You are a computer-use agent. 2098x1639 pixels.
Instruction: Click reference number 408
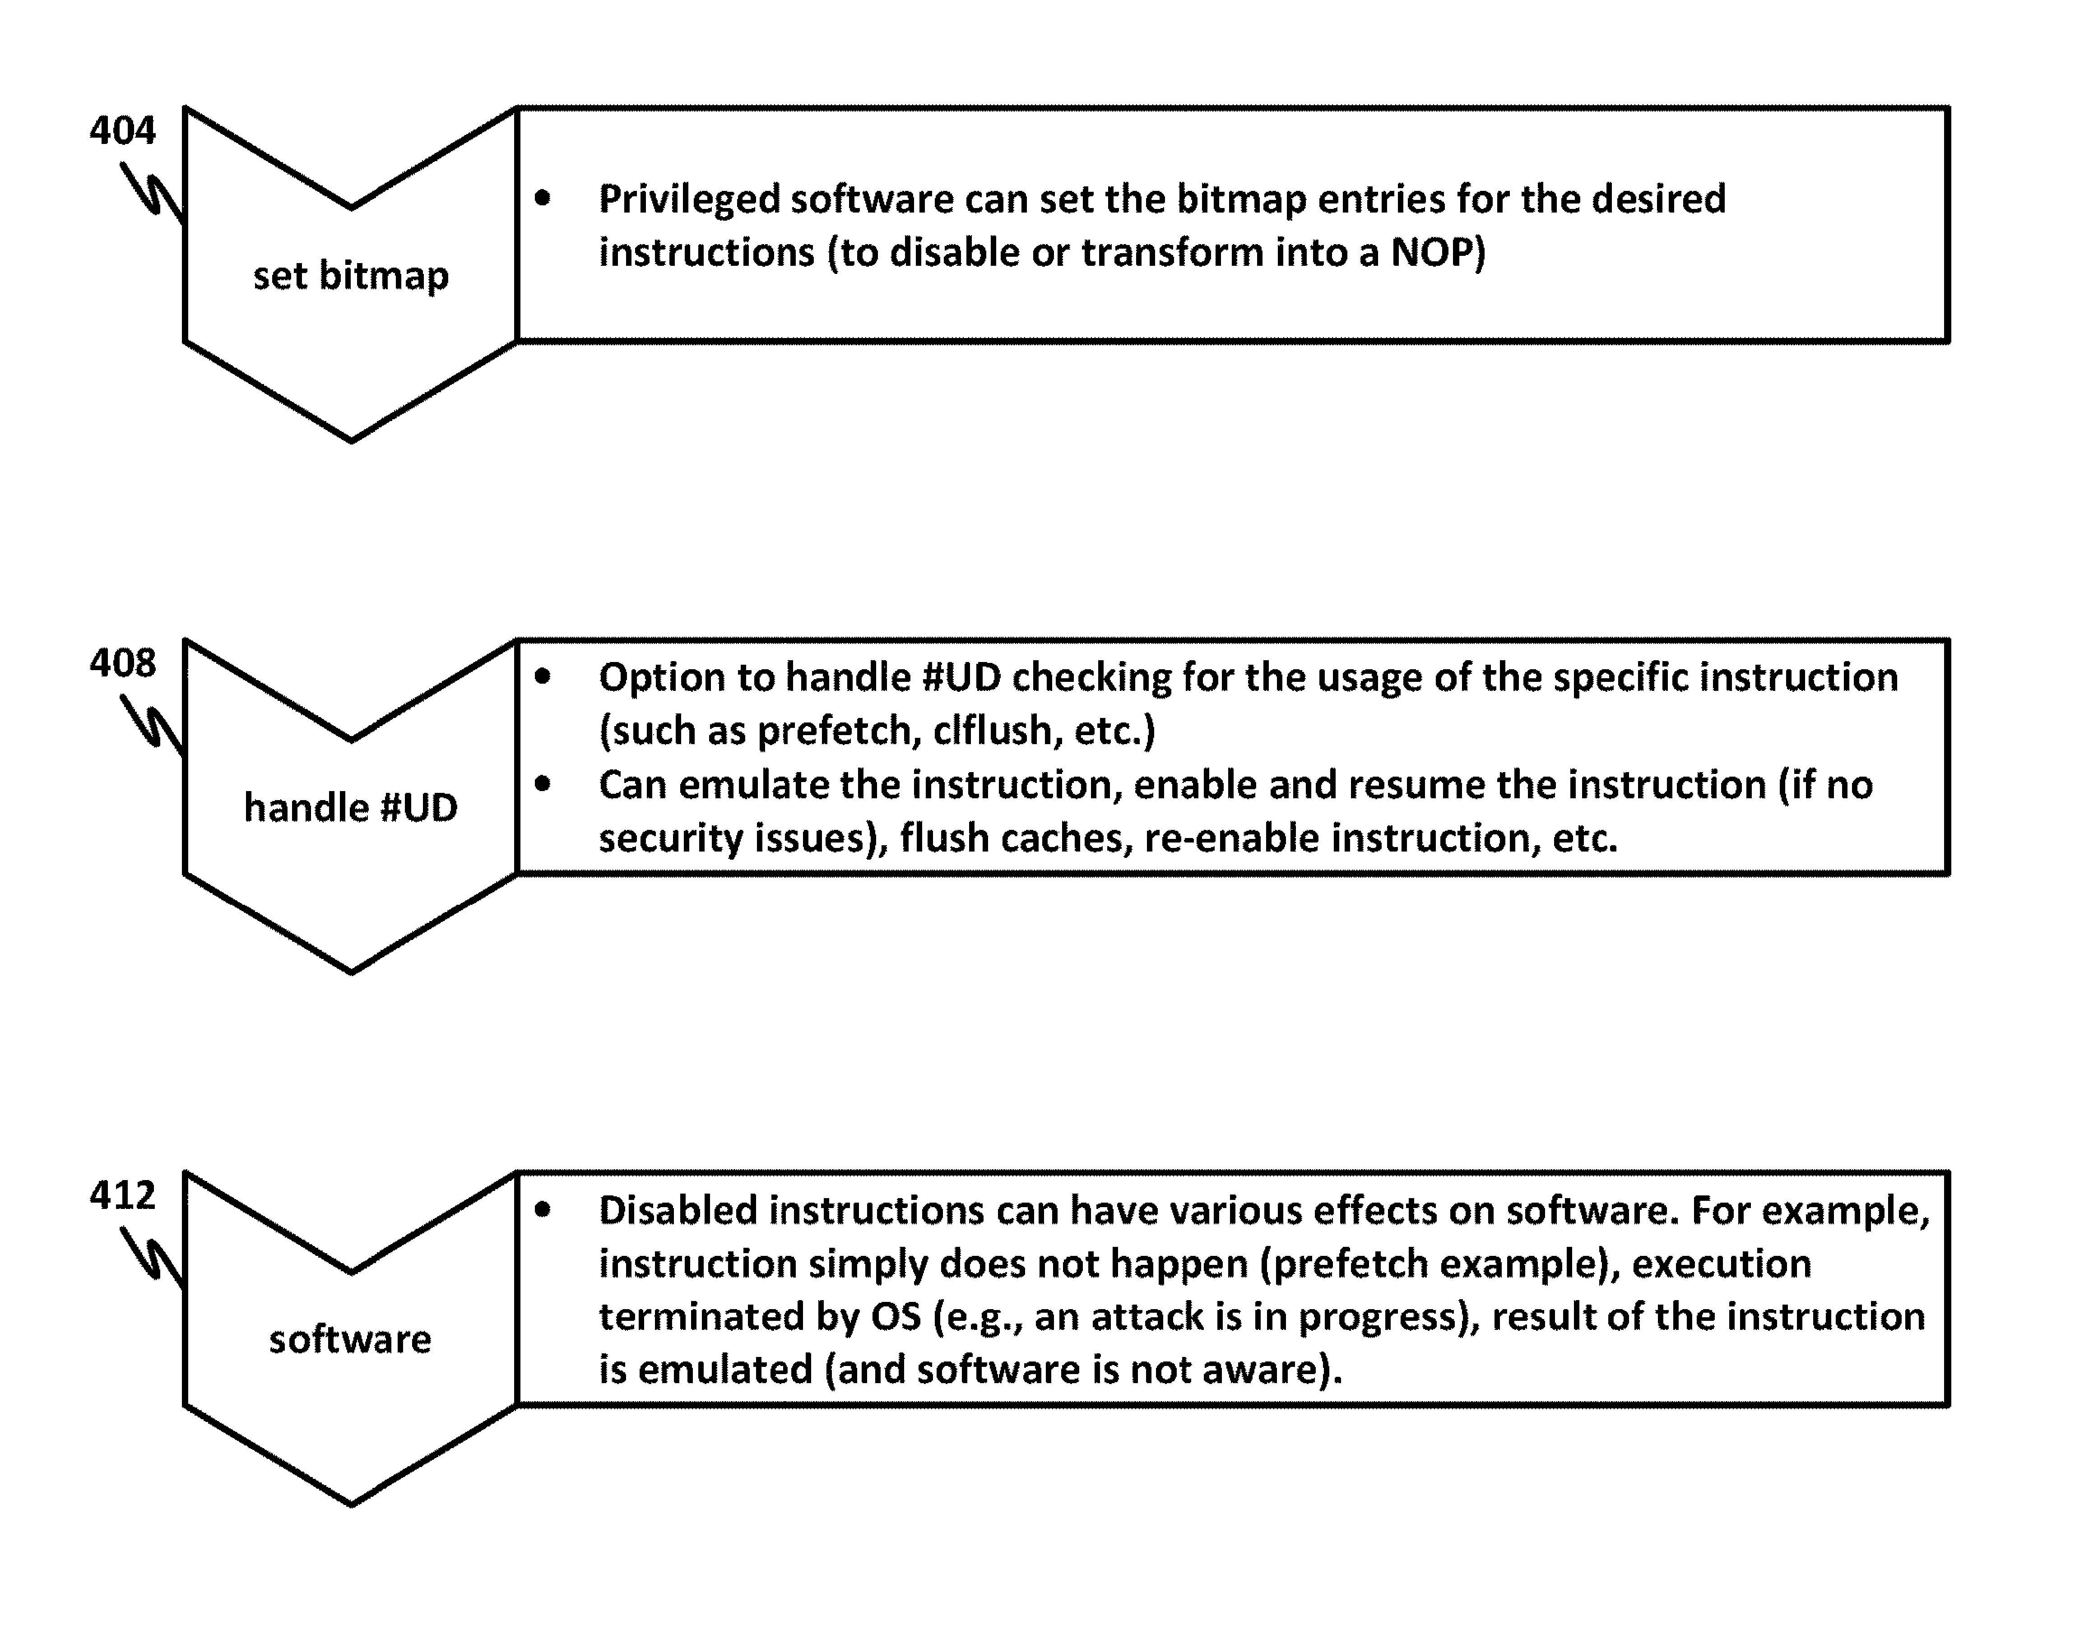pyautogui.click(x=122, y=662)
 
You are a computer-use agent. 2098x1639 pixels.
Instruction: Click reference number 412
pyautogui.click(x=122, y=1195)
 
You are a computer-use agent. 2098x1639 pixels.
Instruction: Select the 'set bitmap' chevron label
pyautogui.click(x=351, y=276)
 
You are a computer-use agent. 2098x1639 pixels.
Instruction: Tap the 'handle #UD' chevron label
pyautogui.click(x=351, y=807)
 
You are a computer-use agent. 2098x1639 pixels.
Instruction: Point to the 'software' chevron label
pyautogui.click(x=351, y=1339)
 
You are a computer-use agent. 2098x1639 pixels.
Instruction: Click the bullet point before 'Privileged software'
pyautogui.click(x=543, y=199)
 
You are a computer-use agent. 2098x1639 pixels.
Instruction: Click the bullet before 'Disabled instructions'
pyautogui.click(x=543, y=1210)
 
